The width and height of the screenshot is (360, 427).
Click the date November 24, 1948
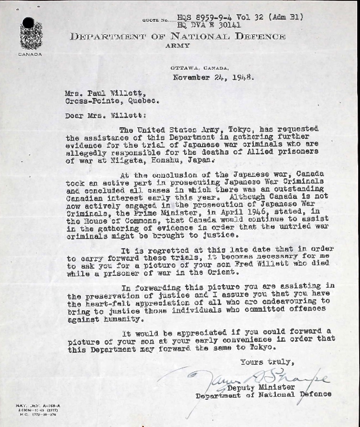click(213, 77)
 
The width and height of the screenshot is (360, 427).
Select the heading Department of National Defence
click(177, 36)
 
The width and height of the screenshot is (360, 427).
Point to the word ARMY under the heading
click(177, 46)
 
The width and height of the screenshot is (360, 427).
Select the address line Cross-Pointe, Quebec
click(112, 101)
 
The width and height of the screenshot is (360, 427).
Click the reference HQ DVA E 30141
click(209, 25)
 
